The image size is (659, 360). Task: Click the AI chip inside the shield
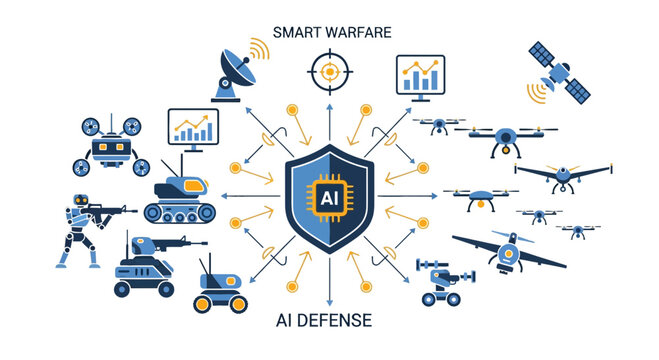pyautogui.click(x=329, y=197)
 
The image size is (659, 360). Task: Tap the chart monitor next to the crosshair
pyautogui.click(x=421, y=76)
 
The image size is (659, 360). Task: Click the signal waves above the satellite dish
pyautogui.click(x=257, y=47)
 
